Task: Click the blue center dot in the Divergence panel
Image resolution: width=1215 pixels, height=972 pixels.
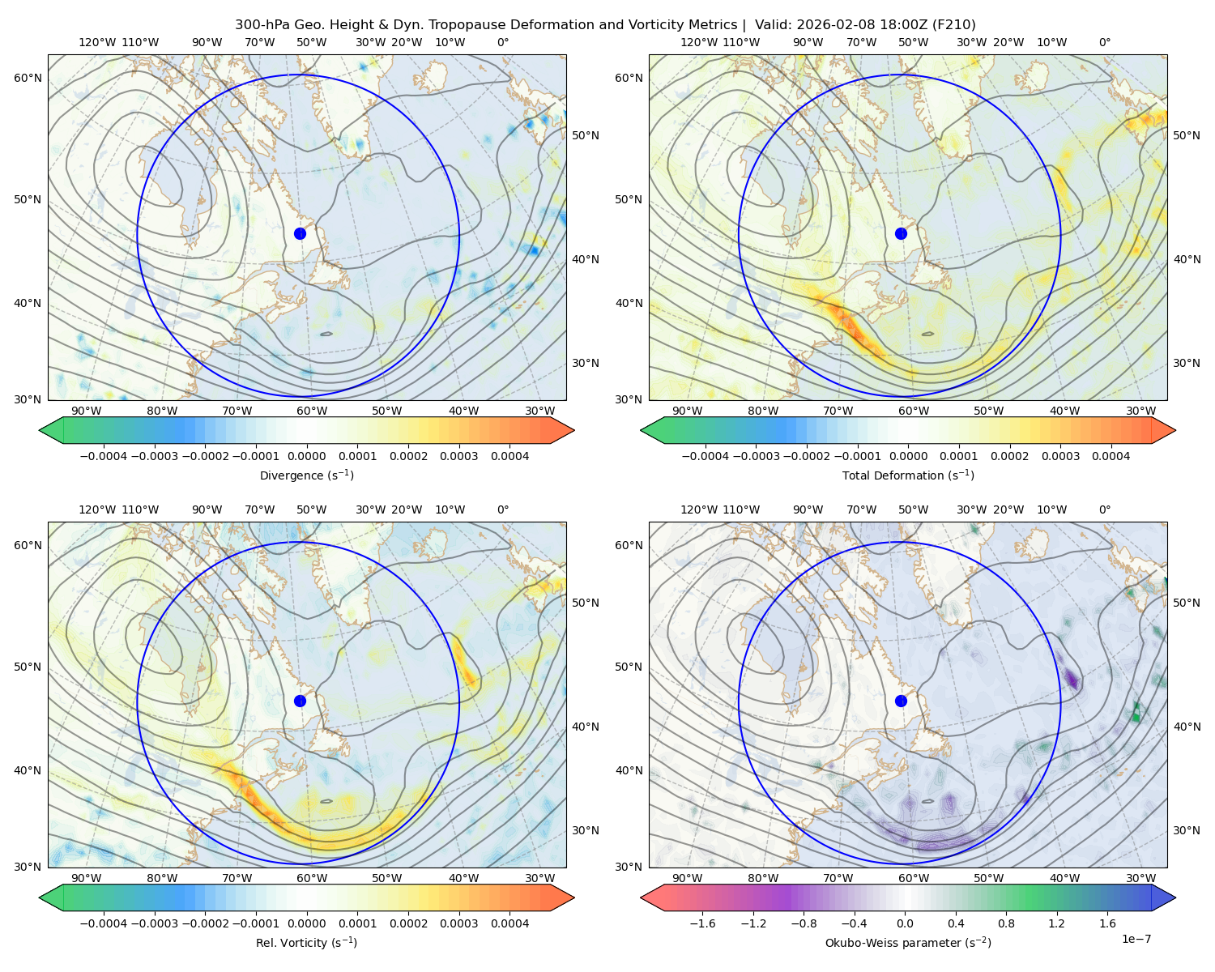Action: point(300,233)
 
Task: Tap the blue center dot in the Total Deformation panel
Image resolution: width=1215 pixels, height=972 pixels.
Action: point(901,233)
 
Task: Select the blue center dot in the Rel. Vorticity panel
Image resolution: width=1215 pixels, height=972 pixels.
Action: point(300,701)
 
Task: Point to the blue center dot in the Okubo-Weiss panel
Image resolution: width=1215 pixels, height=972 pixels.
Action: point(901,701)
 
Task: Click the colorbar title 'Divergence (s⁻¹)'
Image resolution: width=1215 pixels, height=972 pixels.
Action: point(306,475)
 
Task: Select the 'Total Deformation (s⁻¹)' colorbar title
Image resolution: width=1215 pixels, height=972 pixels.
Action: point(908,475)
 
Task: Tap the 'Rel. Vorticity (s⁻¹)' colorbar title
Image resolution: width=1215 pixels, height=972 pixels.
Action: point(306,942)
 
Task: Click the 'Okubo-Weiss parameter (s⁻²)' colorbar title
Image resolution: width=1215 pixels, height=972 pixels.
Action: point(908,942)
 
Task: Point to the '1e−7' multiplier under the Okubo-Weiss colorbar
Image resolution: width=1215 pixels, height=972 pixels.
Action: point(1136,939)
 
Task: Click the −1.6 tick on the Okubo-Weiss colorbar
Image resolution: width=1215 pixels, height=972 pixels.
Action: point(702,923)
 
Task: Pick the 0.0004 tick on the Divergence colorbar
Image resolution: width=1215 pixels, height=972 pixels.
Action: point(509,456)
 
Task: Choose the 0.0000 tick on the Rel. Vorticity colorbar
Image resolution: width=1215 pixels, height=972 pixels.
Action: point(306,923)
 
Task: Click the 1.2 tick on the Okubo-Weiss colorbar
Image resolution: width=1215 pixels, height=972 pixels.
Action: point(1056,923)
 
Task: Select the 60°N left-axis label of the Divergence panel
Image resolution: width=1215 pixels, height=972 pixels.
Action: point(28,78)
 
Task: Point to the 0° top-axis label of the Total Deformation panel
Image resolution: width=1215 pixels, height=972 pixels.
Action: point(1105,42)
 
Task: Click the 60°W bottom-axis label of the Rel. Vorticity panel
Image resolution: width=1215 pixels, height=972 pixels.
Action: point(312,878)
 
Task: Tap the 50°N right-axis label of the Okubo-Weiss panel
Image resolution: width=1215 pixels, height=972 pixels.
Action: point(1187,603)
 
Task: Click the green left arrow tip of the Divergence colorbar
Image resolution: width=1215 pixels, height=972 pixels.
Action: point(40,430)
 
